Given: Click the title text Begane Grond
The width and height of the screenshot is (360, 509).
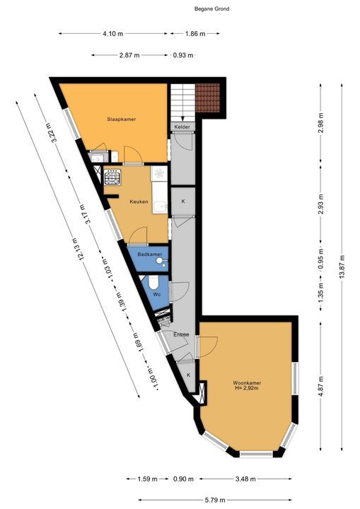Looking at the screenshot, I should click(211, 9).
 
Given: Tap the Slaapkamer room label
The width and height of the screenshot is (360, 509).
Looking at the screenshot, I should click(121, 119).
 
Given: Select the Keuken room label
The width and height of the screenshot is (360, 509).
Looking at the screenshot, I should click(138, 201).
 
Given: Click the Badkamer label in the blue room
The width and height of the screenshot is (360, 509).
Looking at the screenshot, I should click(149, 255).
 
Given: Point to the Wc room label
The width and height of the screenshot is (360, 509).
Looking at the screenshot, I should click(157, 293).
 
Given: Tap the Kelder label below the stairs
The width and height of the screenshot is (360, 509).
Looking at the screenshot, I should click(182, 127).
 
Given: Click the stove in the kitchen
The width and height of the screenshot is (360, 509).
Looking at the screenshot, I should click(112, 177).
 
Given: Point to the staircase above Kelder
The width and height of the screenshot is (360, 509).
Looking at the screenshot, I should click(182, 102).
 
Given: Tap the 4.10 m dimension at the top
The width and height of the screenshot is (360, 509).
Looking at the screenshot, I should click(113, 33).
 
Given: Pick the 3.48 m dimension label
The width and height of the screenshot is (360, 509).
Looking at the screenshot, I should click(245, 479).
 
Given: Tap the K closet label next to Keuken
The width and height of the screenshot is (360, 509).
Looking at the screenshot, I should click(182, 201).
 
